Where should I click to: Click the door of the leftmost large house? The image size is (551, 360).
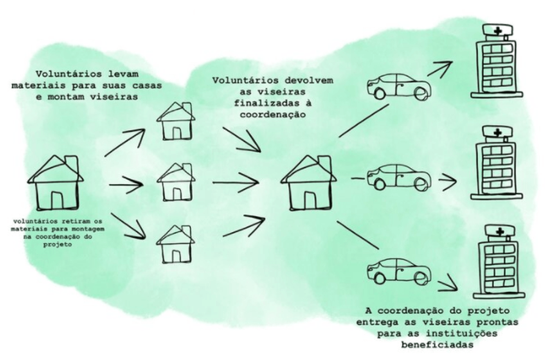click(57, 200)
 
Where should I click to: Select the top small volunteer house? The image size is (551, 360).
click(176, 121)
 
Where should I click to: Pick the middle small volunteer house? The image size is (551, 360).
click(176, 182)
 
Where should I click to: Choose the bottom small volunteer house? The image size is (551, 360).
click(176, 244)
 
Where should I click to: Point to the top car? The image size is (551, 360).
click(399, 86)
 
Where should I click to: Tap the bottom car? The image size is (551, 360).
click(399, 271)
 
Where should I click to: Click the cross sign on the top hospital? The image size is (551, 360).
click(498, 31)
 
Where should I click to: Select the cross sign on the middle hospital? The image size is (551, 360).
click(498, 132)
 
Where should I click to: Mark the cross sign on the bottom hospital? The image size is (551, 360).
click(500, 231)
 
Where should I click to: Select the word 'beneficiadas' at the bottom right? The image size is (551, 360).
click(437, 344)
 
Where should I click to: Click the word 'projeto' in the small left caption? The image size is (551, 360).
click(58, 245)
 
